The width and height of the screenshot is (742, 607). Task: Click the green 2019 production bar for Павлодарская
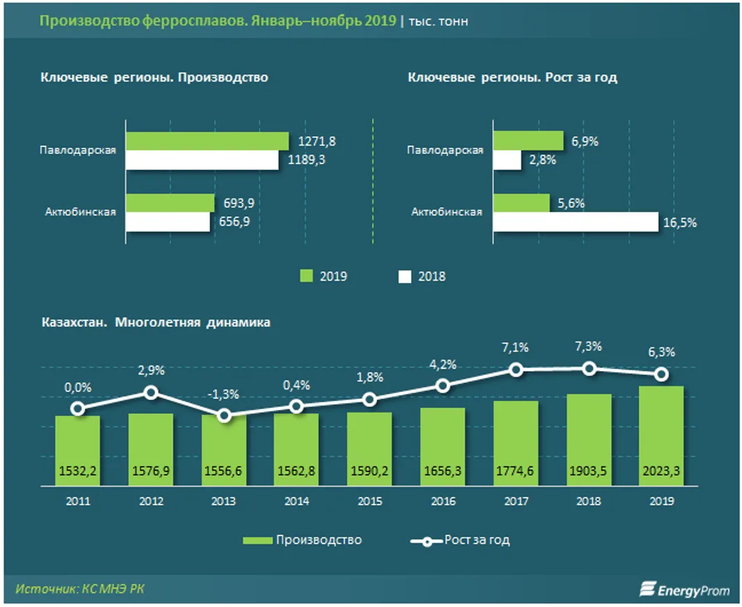point(207,141)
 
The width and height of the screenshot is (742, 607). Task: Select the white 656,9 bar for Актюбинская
point(168,222)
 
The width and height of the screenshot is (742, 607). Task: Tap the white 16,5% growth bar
point(575,222)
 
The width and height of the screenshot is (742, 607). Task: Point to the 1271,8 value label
point(317,141)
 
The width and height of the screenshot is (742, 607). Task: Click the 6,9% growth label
point(585,141)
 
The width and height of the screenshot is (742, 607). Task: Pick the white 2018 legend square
point(404,276)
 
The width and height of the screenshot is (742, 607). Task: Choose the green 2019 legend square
point(306,276)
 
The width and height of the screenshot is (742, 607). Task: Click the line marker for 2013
point(224,416)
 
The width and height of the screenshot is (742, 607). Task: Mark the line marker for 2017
point(516,370)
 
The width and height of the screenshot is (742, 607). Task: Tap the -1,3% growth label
point(224,394)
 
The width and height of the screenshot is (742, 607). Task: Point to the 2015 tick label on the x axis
point(370,501)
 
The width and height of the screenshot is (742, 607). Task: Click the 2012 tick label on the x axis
point(151,501)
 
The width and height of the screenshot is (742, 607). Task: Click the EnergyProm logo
point(685,589)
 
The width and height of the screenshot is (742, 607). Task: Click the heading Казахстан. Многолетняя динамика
point(156,323)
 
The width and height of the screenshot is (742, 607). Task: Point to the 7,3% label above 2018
point(589,347)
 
